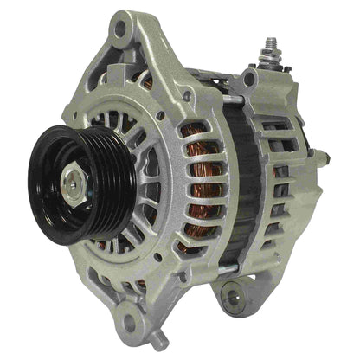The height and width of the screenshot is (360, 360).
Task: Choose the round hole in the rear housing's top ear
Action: click(249, 80)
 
